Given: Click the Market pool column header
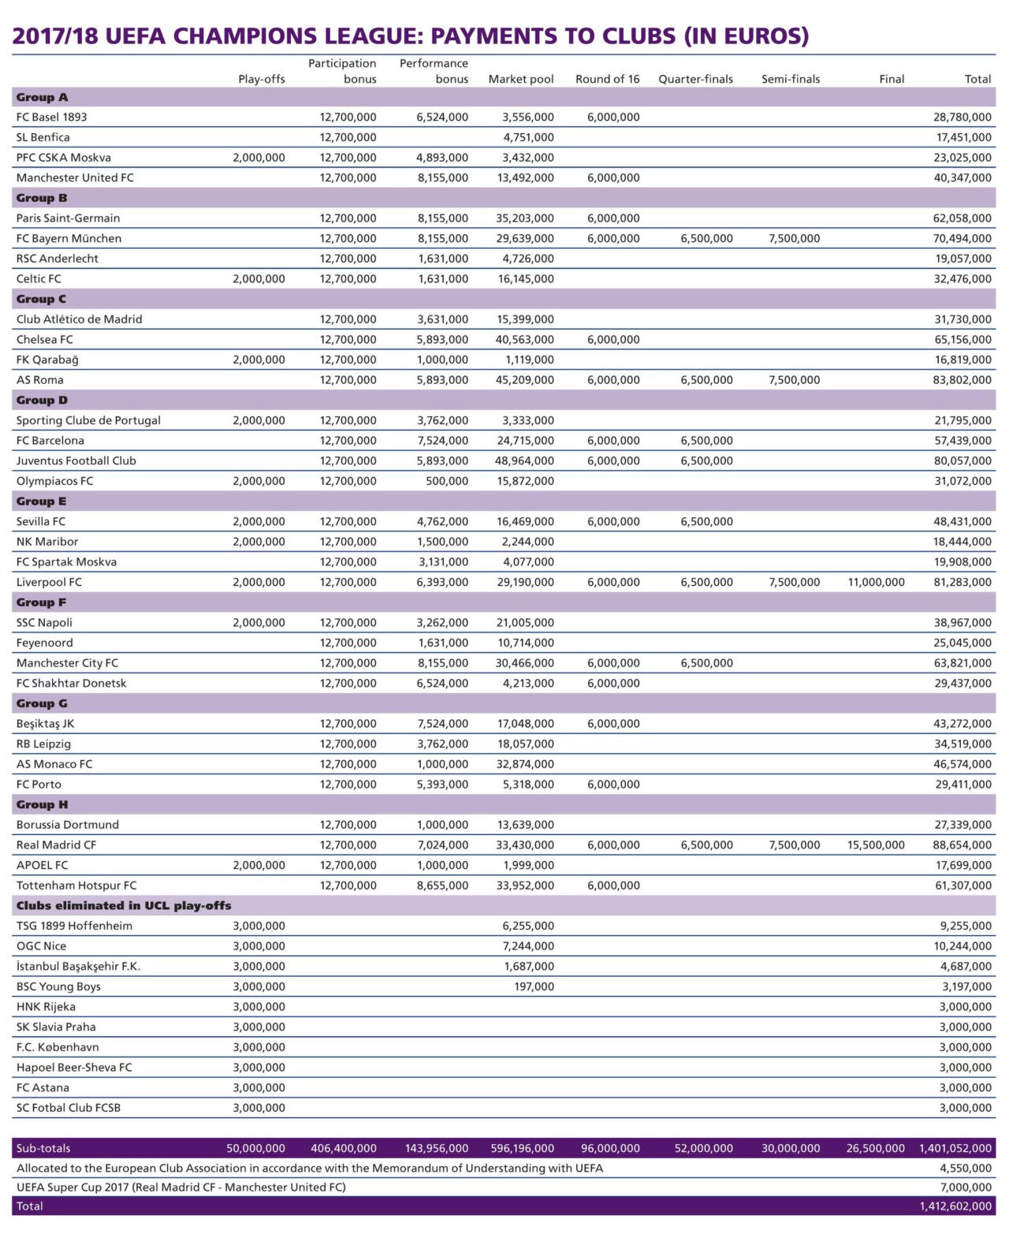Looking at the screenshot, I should click(x=520, y=79).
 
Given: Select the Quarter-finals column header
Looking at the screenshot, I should click(x=695, y=79).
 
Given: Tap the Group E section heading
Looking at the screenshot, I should click(x=42, y=502).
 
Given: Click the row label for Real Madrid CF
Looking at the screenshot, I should click(x=56, y=845).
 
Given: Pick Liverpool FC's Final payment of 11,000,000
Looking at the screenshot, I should click(x=876, y=583).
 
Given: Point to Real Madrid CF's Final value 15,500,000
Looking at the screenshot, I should click(x=876, y=845).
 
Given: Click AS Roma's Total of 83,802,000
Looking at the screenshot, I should click(x=962, y=380).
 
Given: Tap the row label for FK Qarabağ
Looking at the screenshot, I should click(x=47, y=360).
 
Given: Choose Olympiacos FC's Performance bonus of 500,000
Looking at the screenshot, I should click(x=447, y=481).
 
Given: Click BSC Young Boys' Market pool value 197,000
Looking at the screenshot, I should click(x=534, y=986).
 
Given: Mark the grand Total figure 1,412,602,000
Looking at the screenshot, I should click(x=955, y=1206).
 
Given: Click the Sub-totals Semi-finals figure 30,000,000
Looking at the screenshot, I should click(x=791, y=1149).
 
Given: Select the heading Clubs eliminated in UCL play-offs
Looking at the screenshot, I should click(x=124, y=906).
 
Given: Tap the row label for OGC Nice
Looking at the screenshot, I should click(x=42, y=946).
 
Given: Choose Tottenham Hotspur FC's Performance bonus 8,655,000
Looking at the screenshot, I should click(x=442, y=886).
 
